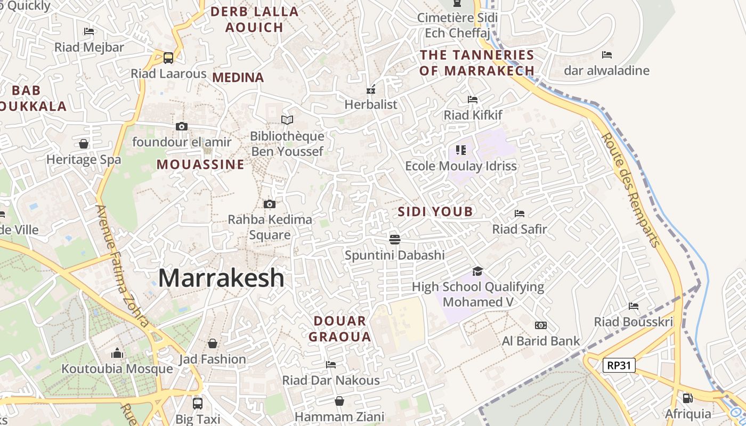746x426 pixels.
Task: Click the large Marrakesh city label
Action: click(x=221, y=278)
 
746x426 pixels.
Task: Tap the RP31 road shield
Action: click(x=619, y=365)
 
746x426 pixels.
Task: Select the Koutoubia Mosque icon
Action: click(x=117, y=353)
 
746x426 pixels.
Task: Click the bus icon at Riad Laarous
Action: click(x=168, y=58)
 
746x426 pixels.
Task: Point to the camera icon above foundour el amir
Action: click(x=182, y=126)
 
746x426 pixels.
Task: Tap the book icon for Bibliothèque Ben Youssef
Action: click(x=287, y=120)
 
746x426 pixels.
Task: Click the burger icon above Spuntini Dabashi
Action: click(x=395, y=239)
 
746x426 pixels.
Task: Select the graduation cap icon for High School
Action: click(x=477, y=272)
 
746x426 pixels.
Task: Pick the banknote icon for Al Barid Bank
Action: click(x=541, y=325)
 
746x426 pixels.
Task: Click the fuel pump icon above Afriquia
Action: click(x=688, y=398)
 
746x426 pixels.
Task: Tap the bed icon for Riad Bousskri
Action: click(x=634, y=306)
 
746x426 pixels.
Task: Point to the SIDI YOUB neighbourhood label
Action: click(x=435, y=212)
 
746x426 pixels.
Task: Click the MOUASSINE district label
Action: click(x=200, y=165)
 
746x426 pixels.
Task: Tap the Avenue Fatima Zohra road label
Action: click(x=123, y=266)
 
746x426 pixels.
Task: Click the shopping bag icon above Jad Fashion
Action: click(x=213, y=343)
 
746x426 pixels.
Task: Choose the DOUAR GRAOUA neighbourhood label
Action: click(x=340, y=329)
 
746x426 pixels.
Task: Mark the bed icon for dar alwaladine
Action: click(x=607, y=55)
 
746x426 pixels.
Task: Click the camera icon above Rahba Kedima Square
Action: click(x=270, y=204)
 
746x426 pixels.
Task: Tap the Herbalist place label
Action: click(x=371, y=104)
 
